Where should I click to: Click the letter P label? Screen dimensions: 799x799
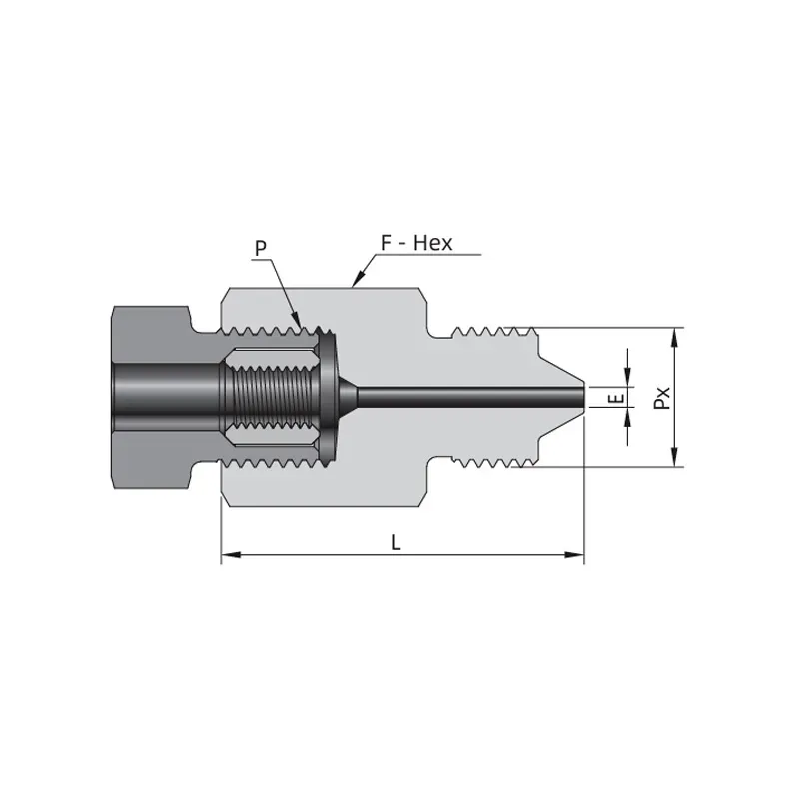pyautogui.click(x=261, y=248)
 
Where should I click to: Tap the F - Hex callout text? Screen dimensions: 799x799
pyautogui.click(x=416, y=243)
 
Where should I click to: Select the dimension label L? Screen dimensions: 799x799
pyautogui.click(x=396, y=543)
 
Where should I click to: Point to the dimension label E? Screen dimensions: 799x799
pyautogui.click(x=616, y=398)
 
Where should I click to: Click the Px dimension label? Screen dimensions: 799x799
pyautogui.click(x=662, y=398)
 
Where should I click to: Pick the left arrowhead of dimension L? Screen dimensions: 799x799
pyautogui.click(x=231, y=554)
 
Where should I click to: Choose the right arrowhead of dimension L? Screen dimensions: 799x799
pyautogui.click(x=574, y=554)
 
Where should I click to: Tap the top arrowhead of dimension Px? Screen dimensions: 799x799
pyautogui.click(x=675, y=337)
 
